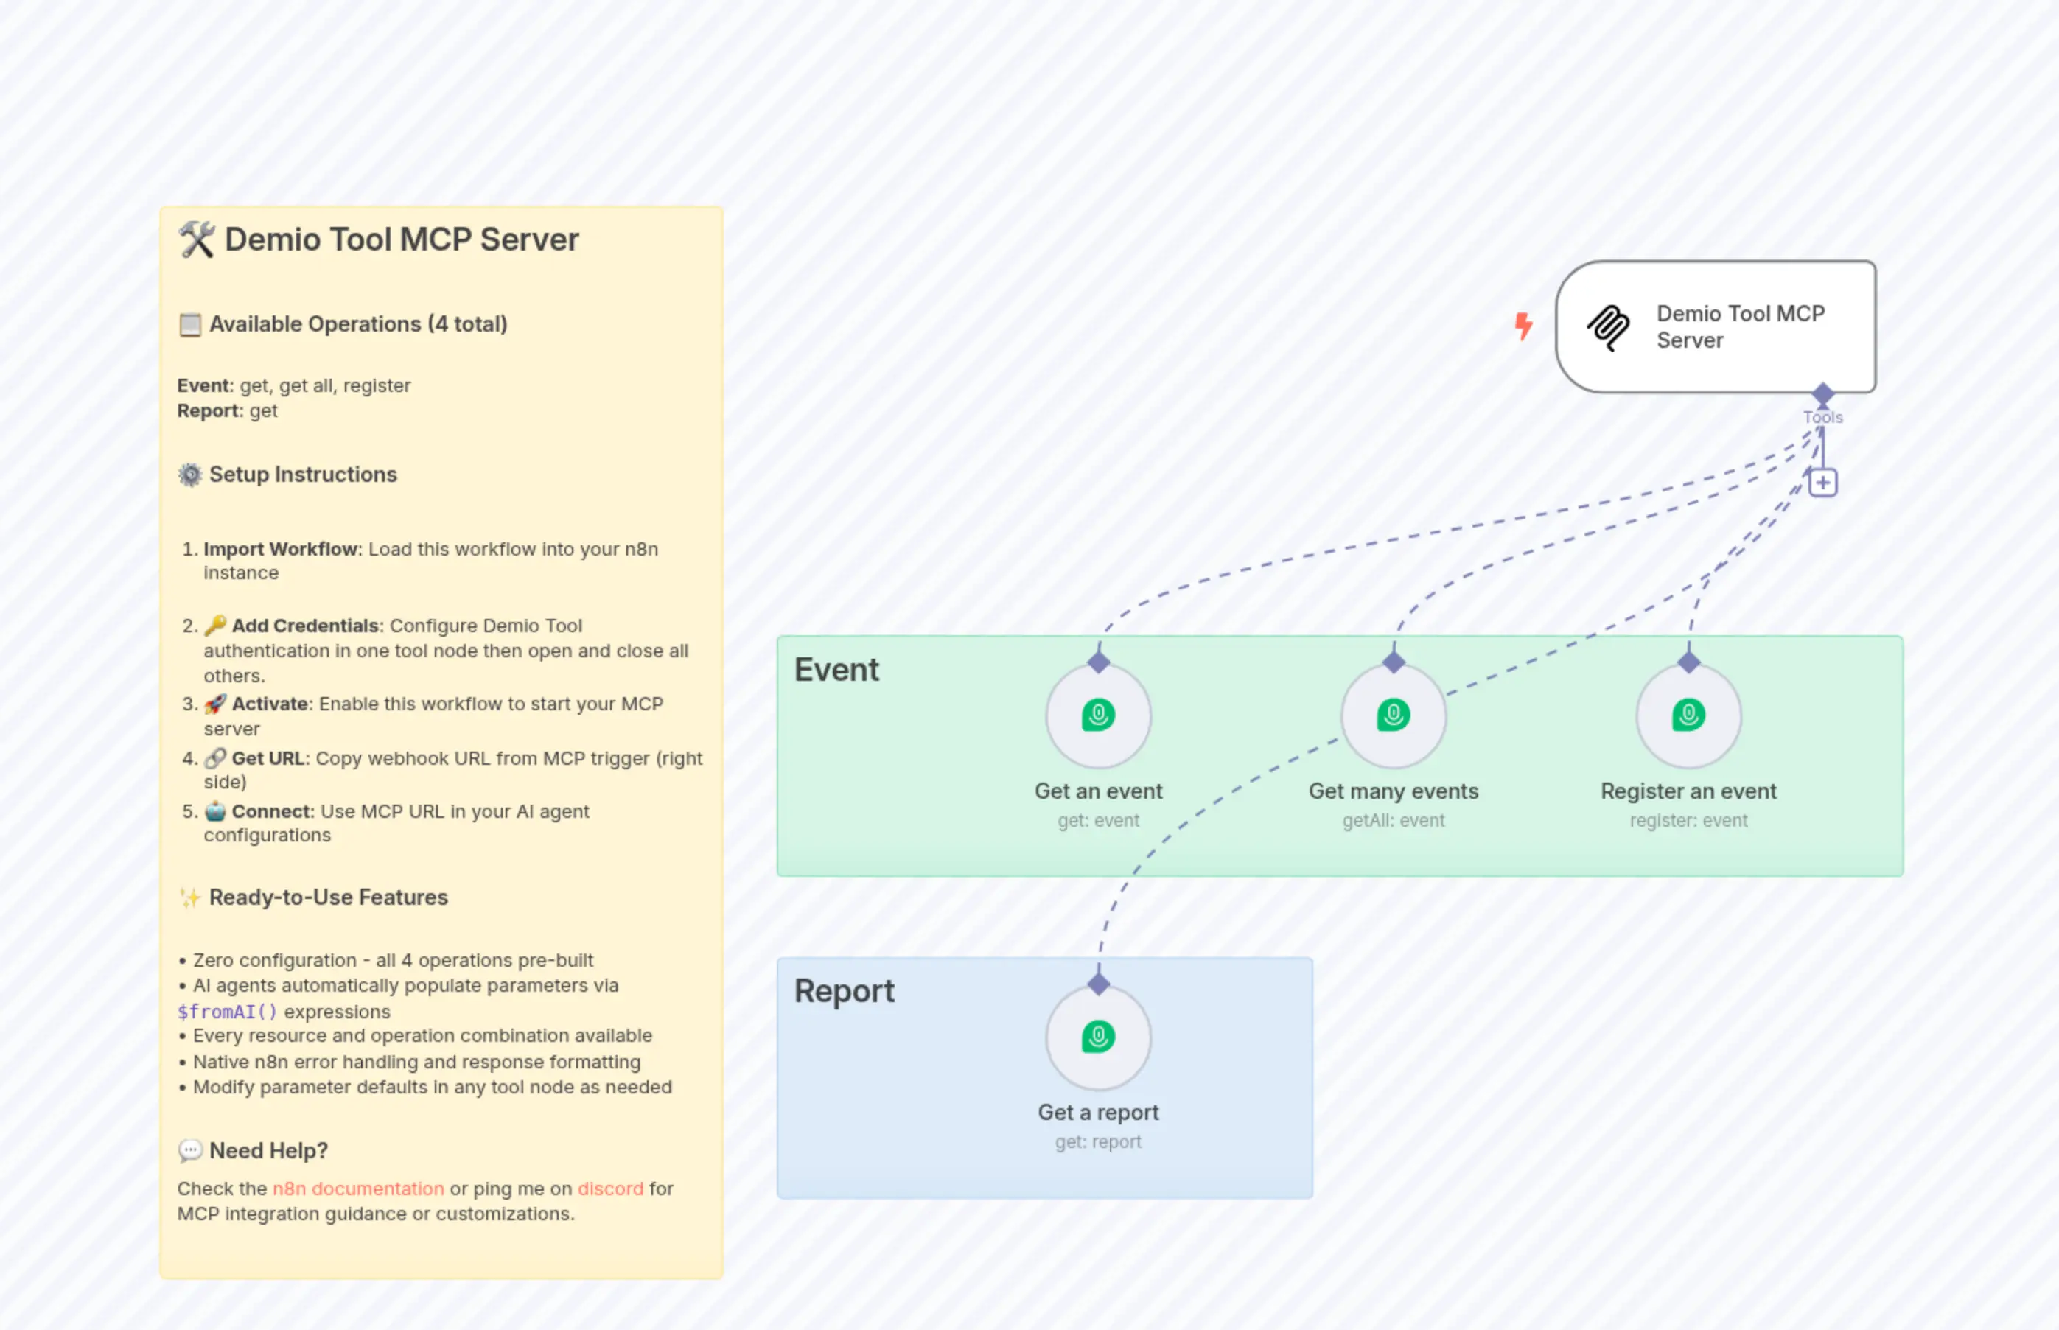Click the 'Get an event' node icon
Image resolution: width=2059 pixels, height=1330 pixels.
click(1098, 715)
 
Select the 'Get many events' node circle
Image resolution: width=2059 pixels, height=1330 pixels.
click(1393, 715)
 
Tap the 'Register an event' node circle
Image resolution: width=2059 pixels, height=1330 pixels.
click(1688, 715)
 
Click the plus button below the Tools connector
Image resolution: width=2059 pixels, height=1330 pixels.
click(1822, 483)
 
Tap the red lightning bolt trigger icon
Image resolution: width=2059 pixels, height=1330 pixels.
click(1523, 326)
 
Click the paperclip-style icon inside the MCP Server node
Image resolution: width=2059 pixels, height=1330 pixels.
click(1608, 327)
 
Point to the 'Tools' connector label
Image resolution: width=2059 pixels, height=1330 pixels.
click(1822, 417)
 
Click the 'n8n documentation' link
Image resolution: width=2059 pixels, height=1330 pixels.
click(358, 1189)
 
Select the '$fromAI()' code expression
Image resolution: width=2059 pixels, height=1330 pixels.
click(227, 1012)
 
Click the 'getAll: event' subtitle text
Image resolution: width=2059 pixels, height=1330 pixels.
click(1393, 820)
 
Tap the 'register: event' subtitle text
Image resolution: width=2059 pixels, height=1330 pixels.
click(1688, 820)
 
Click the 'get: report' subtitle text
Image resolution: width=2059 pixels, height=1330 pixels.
click(1098, 1141)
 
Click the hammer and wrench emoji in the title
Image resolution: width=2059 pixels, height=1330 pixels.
click(197, 239)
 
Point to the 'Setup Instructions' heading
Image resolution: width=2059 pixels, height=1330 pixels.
click(302, 474)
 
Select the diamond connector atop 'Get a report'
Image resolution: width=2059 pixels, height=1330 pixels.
click(1098, 984)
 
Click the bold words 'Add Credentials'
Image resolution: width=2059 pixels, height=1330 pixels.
click(305, 626)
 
